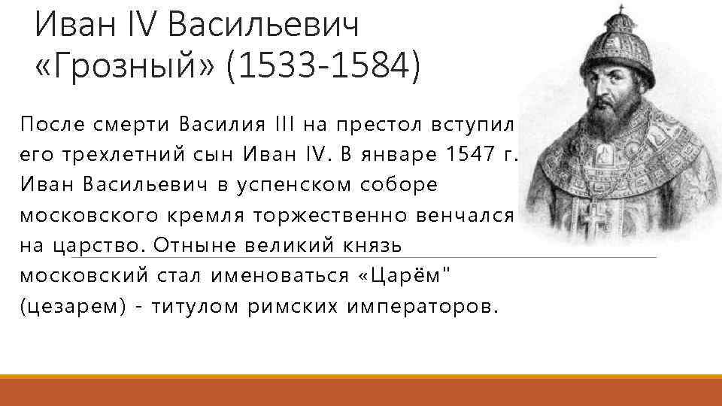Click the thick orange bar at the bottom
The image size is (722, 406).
tap(361, 392)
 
